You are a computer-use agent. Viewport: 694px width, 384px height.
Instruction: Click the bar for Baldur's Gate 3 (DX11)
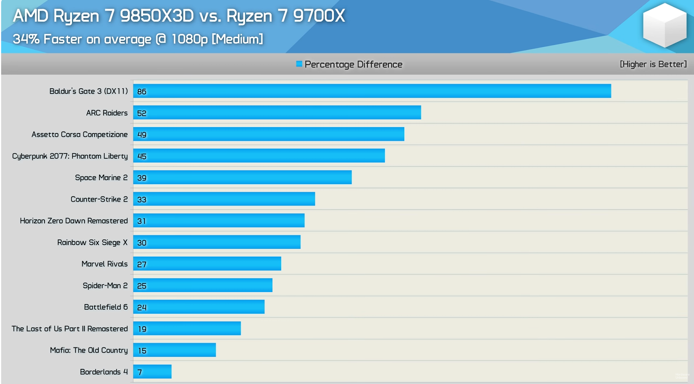372,91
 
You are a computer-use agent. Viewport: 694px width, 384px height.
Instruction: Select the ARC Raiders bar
277,113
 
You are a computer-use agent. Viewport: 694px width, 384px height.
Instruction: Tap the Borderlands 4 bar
152,372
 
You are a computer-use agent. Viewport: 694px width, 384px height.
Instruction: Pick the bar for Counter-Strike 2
224,199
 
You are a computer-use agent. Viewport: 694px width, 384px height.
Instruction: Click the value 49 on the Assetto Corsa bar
142,135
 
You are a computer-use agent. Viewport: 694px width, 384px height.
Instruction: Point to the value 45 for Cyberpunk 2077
142,156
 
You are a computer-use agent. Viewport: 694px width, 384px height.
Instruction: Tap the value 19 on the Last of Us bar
142,329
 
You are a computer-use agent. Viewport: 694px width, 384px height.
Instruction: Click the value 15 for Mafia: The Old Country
142,350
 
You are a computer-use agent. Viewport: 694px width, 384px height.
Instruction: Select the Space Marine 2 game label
101,177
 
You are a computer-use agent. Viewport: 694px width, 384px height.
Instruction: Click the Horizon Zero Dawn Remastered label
74,221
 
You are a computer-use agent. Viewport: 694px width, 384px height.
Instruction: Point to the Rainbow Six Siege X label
92,242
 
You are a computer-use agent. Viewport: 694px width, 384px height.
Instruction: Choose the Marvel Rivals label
104,264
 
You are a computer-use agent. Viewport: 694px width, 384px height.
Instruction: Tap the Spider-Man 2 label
105,286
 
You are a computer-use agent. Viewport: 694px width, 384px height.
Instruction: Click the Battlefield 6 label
106,307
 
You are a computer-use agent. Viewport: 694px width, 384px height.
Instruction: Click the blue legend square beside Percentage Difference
299,64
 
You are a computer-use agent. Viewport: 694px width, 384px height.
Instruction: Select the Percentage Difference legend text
353,64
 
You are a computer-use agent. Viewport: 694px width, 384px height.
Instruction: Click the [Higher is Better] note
653,64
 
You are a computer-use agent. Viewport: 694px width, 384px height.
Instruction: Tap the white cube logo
664,25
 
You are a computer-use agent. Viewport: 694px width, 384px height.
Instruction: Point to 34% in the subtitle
26,39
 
